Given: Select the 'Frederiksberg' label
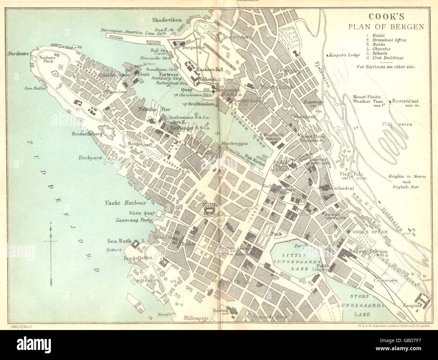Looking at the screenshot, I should [x=84, y=133].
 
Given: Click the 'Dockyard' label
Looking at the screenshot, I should [x=89, y=157].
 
